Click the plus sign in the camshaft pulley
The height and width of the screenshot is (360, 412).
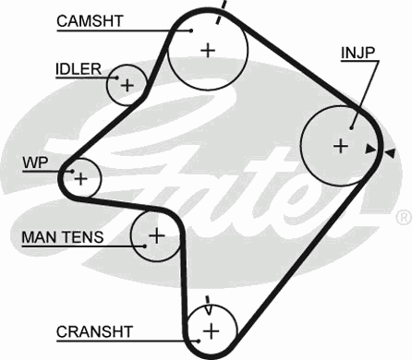click(207, 51)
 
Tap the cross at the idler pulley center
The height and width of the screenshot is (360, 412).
click(127, 87)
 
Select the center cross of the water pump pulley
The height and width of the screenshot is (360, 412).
click(81, 176)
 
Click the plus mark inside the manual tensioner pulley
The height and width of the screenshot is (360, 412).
click(156, 235)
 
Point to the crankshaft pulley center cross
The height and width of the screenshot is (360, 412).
click(212, 330)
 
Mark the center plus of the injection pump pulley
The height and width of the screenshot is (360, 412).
click(340, 145)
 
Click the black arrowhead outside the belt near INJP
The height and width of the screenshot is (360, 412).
click(391, 152)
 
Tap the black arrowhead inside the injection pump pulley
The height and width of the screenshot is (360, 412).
click(370, 149)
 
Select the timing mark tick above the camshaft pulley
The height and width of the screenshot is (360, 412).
click(221, 13)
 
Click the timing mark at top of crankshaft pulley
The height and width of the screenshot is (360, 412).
click(209, 301)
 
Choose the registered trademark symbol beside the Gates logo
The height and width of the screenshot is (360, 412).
click(403, 218)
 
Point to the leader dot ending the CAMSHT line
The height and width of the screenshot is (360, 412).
click(191, 30)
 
